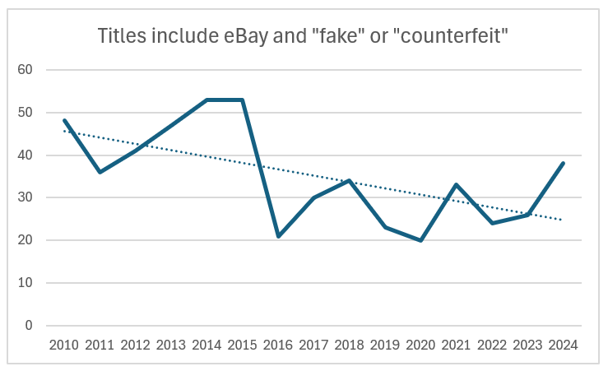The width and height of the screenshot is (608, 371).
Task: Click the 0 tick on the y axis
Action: point(29,326)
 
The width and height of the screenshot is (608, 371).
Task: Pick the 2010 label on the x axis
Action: point(64,345)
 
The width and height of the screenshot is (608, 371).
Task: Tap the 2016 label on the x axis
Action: point(278,345)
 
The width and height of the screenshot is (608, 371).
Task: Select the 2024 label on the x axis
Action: point(563,345)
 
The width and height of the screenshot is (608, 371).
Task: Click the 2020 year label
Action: point(420,345)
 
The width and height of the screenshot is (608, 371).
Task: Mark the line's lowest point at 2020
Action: point(420,240)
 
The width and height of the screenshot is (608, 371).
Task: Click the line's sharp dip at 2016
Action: point(278,236)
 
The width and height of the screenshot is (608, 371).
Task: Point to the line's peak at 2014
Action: point(207,100)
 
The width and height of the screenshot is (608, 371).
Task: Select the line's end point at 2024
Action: point(563,164)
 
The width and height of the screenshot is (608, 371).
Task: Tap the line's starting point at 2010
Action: point(64,121)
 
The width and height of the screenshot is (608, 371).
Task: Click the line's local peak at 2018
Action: point(349,180)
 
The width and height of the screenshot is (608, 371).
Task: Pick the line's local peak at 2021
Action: point(456,184)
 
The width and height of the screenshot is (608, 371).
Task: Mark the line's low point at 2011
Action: point(100,172)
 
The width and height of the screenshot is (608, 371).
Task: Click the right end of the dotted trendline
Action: point(563,220)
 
